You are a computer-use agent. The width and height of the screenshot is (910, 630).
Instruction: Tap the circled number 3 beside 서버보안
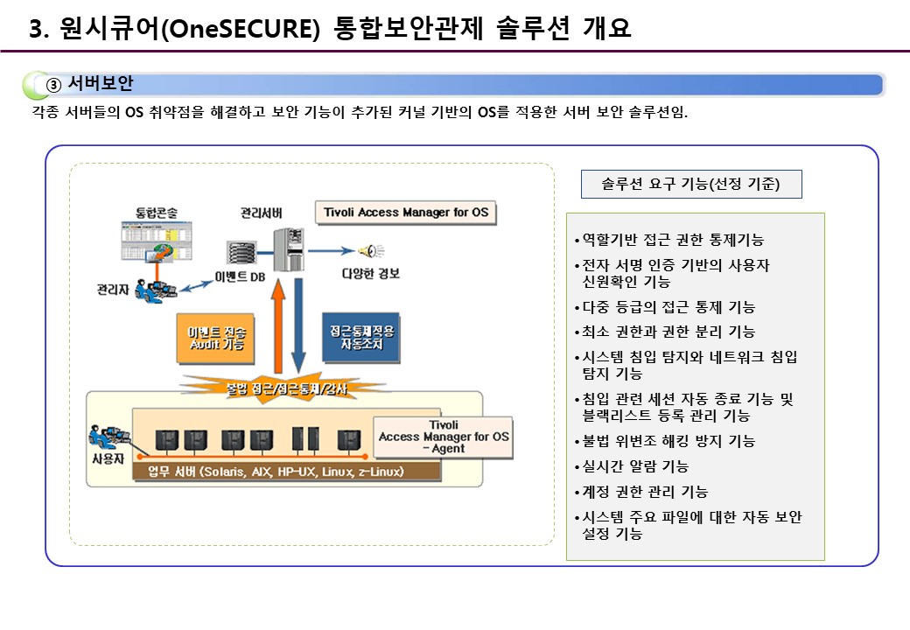52,85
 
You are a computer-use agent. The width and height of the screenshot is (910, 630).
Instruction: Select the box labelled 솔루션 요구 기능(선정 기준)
690,185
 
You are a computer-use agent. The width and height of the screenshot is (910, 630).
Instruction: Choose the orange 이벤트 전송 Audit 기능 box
215,339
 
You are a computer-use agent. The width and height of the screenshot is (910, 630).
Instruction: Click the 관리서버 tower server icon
286,248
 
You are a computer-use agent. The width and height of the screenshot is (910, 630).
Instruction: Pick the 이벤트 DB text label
240,277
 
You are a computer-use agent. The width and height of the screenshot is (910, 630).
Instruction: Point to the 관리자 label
115,289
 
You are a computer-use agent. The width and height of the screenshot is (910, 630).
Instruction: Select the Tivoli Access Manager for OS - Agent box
443,437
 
